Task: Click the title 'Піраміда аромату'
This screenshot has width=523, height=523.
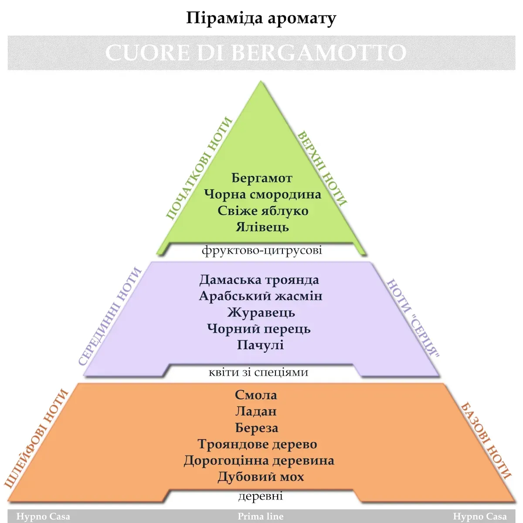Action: pyautogui.click(x=261, y=18)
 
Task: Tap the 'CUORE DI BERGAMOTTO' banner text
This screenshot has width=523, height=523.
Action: pyautogui.click(x=256, y=53)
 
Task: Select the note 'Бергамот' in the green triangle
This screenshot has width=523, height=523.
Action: pyautogui.click(x=261, y=178)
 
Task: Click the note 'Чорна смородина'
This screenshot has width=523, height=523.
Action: pyautogui.click(x=262, y=194)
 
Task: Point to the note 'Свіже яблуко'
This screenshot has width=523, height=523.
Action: pyautogui.click(x=263, y=211)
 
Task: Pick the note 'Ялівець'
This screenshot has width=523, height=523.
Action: pyautogui.click(x=262, y=227)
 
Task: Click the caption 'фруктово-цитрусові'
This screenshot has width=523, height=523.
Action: pyautogui.click(x=262, y=250)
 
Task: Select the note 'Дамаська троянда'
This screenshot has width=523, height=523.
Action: pyautogui.click(x=259, y=280)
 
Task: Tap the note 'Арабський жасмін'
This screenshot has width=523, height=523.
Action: pyautogui.click(x=261, y=296)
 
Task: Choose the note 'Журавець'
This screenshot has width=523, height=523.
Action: pyautogui.click(x=261, y=312)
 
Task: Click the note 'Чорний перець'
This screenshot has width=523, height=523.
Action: pyautogui.click(x=259, y=329)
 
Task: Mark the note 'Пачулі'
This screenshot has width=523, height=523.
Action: pyautogui.click(x=260, y=345)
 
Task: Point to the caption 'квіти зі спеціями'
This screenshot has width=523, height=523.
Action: pyautogui.click(x=258, y=372)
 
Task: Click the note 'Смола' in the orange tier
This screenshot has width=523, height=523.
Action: pyautogui.click(x=256, y=395)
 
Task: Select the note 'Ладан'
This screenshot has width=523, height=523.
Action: pyautogui.click(x=256, y=411)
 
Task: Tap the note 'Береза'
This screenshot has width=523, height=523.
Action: pyautogui.click(x=256, y=428)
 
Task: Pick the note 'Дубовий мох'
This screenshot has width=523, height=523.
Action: pyautogui.click(x=261, y=477)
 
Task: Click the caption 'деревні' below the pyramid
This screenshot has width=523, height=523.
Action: pyautogui.click(x=261, y=496)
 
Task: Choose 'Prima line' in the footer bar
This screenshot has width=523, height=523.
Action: pyautogui.click(x=261, y=516)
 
